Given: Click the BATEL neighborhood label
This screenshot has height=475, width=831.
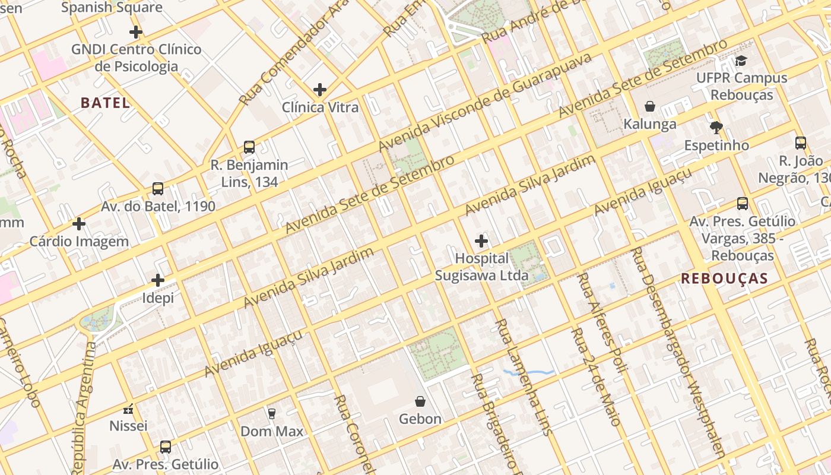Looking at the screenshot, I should pos(105,103).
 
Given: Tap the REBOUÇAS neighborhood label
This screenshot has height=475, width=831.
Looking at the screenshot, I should pos(724,278).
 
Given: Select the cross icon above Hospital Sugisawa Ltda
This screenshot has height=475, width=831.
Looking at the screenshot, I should pos(481,241).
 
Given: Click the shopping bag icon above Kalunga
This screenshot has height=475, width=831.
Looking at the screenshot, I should pos(650,106).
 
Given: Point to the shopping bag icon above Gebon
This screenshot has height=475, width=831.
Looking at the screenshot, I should pos(420,401).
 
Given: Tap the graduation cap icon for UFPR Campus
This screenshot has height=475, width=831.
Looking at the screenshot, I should pos(741,61).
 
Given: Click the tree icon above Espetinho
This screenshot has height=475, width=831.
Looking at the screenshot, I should pos(716,127).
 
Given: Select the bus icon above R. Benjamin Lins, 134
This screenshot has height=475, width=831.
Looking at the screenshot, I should pos(249,147).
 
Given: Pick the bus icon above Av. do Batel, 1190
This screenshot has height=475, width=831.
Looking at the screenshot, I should pos(158,189).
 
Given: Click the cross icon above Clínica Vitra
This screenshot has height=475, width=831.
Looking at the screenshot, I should pos(320,90).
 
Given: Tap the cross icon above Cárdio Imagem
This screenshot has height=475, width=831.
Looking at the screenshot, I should pos(79,224).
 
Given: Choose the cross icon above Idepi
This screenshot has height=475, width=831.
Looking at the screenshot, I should pos(158,280).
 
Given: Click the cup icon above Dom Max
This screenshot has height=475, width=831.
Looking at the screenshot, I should pos(272,413).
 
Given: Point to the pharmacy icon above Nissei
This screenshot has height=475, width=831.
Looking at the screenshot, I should pos(128,408).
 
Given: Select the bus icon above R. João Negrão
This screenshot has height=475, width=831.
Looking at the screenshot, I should pos(800,142).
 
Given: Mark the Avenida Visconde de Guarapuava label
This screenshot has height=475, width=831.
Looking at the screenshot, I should pos(485,102).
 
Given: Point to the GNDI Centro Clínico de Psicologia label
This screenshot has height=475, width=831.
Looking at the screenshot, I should pos(136,58).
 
